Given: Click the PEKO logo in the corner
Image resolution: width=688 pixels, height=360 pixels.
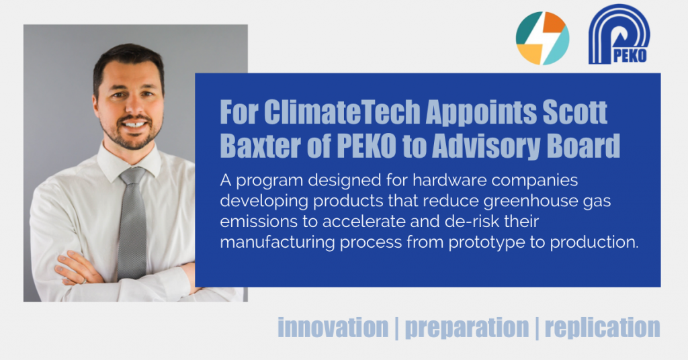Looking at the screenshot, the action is (x=619, y=34).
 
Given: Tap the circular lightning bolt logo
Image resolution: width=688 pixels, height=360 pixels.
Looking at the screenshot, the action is (x=542, y=38).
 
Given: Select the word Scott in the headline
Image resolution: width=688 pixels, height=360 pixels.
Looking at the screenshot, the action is (x=575, y=112).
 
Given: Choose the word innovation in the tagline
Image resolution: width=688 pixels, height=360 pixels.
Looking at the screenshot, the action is (x=333, y=328).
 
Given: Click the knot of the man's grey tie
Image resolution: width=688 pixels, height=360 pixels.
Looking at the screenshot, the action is (x=132, y=176).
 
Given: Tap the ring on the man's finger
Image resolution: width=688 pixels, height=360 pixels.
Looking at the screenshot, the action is (x=84, y=281).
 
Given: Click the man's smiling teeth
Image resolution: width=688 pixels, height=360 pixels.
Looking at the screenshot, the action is (x=134, y=124).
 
